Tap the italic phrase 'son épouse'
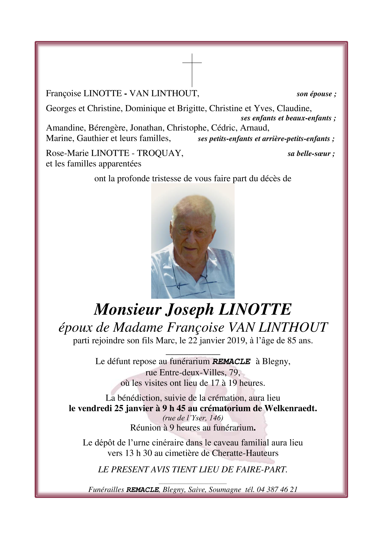click(x=316, y=94)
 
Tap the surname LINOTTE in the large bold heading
click(x=254, y=310)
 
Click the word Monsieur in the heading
click(x=128, y=310)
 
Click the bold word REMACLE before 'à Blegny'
click(x=231, y=361)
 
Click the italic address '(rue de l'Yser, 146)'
click(x=193, y=418)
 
